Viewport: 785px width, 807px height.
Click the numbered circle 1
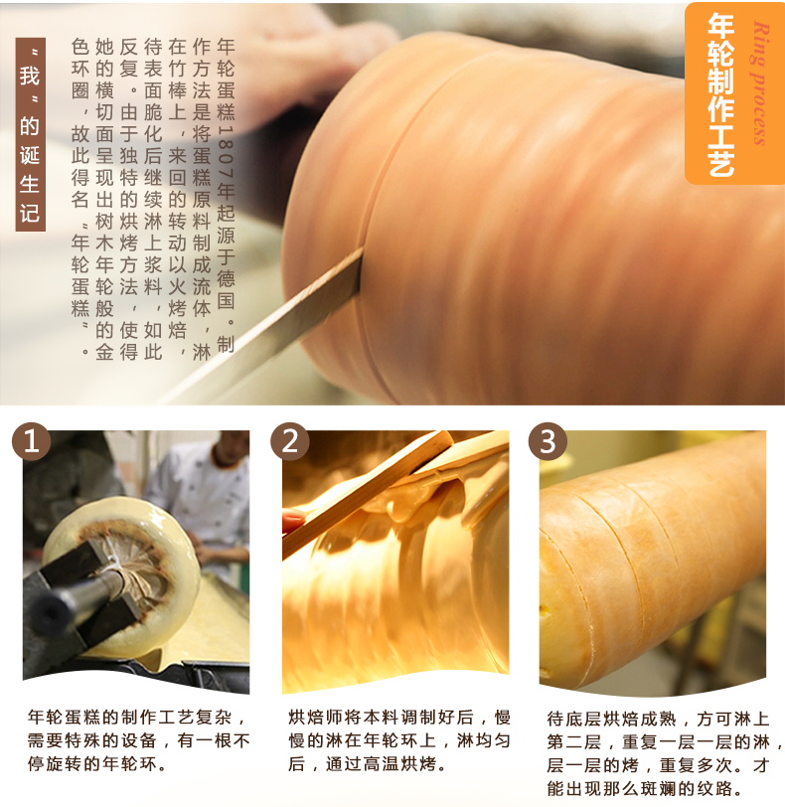[32, 441]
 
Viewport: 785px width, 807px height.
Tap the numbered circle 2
[290, 441]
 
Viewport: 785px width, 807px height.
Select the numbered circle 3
[548, 441]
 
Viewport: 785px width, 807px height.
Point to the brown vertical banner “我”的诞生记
[31, 134]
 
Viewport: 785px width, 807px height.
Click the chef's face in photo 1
[230, 449]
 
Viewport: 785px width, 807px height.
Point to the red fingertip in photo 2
[293, 521]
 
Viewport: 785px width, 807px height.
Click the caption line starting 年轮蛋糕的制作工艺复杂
[138, 717]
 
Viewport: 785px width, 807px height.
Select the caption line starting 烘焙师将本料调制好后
[399, 717]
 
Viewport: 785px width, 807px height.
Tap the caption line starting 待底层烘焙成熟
[658, 719]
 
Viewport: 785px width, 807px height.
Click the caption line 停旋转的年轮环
[97, 763]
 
